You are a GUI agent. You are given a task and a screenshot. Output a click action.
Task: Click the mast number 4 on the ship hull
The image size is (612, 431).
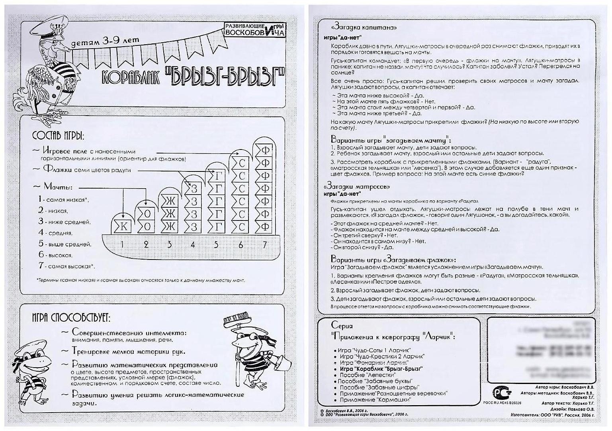coord(193,244)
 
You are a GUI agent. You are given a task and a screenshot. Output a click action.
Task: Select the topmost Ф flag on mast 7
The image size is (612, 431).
coord(265,150)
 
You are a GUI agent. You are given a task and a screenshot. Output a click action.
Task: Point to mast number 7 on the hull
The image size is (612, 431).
coord(265,244)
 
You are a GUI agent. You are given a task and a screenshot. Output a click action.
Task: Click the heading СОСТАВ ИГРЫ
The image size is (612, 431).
coord(59,136)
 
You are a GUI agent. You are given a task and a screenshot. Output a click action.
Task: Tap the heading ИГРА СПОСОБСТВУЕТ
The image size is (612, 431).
coord(71,317)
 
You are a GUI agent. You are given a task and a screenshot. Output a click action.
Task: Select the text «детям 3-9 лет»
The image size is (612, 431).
coord(105,41)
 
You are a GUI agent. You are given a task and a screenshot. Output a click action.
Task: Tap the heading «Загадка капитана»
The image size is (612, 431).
coord(364,28)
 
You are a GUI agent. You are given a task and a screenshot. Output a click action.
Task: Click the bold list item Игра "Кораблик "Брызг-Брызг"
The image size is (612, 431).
coord(381,369)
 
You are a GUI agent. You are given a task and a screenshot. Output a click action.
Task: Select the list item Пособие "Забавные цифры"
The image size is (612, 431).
coord(379,387)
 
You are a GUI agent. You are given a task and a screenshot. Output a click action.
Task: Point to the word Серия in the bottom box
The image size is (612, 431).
coord(342,326)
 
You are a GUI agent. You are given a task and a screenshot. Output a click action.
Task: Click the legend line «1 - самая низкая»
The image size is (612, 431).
coord(63,199)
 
